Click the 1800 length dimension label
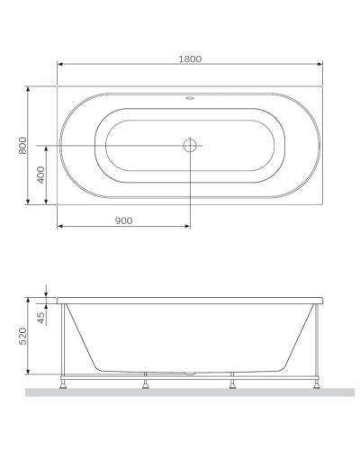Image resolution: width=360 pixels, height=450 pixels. [190, 58]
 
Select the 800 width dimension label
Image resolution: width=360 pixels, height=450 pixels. [23, 145]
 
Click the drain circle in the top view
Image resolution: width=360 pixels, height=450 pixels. [191, 145]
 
